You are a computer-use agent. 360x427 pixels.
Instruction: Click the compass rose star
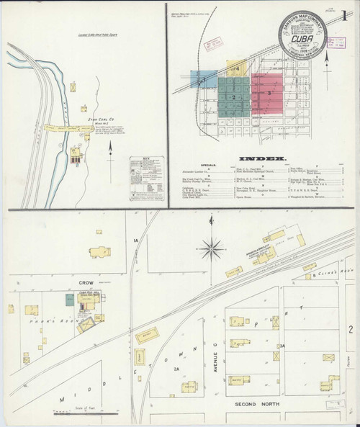[x=211, y=250]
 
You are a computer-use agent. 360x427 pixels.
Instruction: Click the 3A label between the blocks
[x=284, y=346]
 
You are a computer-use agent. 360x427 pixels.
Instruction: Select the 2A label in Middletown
[x=176, y=369]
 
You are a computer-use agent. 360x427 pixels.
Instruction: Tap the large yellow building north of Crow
[x=99, y=253]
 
